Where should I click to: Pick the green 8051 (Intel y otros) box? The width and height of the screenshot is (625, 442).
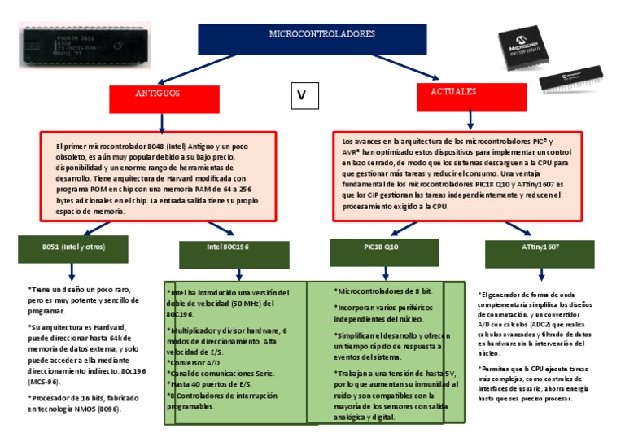point(74,247)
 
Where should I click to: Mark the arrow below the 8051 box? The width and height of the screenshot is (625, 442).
point(72,272)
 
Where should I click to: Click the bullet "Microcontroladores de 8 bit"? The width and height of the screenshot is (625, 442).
point(383,291)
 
